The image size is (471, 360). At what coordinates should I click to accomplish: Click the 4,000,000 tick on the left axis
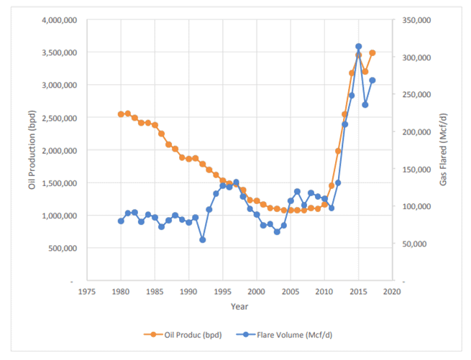(x=60, y=20)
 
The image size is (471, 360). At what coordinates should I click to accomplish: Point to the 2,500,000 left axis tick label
(x=60, y=118)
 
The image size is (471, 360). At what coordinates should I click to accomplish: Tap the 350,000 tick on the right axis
(x=415, y=20)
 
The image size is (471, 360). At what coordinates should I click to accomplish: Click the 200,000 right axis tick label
(x=415, y=132)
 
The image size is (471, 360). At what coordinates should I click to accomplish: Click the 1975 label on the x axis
(x=87, y=292)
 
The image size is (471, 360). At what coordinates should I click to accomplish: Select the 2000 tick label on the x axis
(x=256, y=292)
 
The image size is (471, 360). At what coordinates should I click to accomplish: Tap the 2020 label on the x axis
(x=391, y=292)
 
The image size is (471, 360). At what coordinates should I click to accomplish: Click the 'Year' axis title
(x=239, y=306)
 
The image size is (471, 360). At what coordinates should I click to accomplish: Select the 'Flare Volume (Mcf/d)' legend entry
(x=286, y=334)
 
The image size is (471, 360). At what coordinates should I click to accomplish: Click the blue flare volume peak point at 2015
(x=358, y=47)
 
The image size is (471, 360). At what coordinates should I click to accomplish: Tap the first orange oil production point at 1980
(x=121, y=114)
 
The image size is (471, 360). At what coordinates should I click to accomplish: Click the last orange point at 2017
(x=372, y=52)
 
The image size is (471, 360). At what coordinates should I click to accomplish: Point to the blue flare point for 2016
(x=365, y=105)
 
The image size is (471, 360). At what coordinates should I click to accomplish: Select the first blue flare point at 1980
(x=121, y=221)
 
